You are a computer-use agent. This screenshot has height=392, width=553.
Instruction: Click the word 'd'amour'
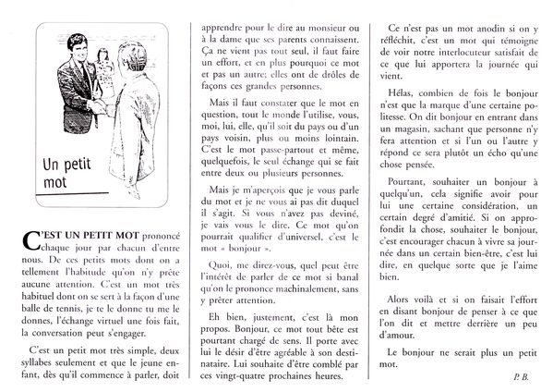point(403,337)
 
